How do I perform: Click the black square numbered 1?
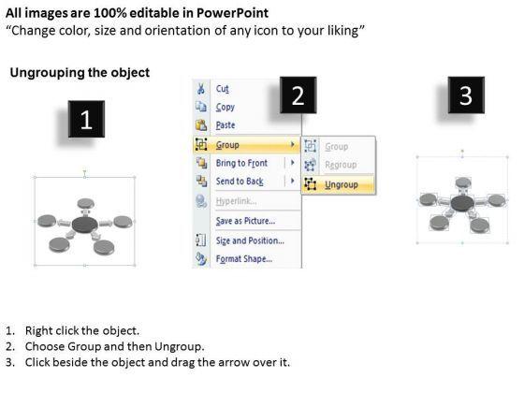86,119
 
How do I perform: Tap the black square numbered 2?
298,95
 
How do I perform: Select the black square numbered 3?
466,95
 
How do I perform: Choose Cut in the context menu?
223,89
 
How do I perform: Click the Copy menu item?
226,108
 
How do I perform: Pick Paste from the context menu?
226,125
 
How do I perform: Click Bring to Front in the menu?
241,163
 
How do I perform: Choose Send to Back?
240,182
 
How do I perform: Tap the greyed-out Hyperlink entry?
236,201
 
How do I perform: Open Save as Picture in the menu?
245,221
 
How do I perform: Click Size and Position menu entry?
250,240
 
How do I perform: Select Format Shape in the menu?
244,259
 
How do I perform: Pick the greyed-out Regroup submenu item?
341,165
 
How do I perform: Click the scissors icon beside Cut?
201,89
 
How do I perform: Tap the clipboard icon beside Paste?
201,125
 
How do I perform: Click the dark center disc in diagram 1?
85,225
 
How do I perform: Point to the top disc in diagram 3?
463,182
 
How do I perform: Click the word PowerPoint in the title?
232,13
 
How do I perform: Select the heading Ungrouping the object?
80,73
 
